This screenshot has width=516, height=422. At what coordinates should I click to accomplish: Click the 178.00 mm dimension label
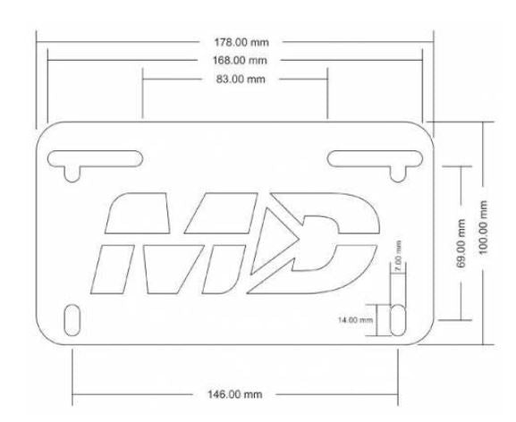point(235,42)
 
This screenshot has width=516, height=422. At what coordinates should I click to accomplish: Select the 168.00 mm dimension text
point(235,60)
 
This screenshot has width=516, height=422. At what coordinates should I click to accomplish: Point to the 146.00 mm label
point(234,394)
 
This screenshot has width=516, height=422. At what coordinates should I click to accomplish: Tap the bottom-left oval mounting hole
point(73,319)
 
